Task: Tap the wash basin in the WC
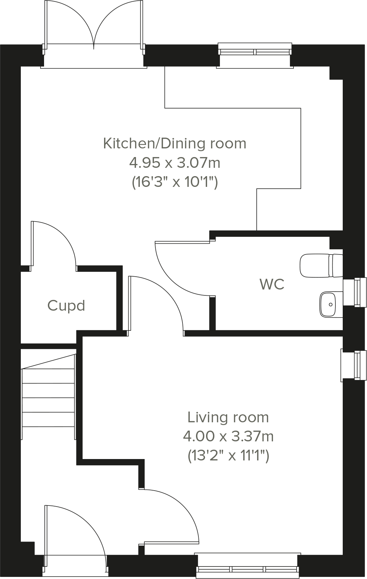tap(330, 304)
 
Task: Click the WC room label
tap(272, 284)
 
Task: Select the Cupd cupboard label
tap(66, 306)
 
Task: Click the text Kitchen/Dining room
tap(174, 144)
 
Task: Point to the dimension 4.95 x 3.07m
tap(174, 162)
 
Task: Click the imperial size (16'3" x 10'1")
tap(174, 181)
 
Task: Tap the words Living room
tap(228, 417)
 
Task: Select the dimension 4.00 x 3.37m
tap(228, 436)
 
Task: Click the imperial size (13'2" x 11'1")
tap(228, 455)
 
